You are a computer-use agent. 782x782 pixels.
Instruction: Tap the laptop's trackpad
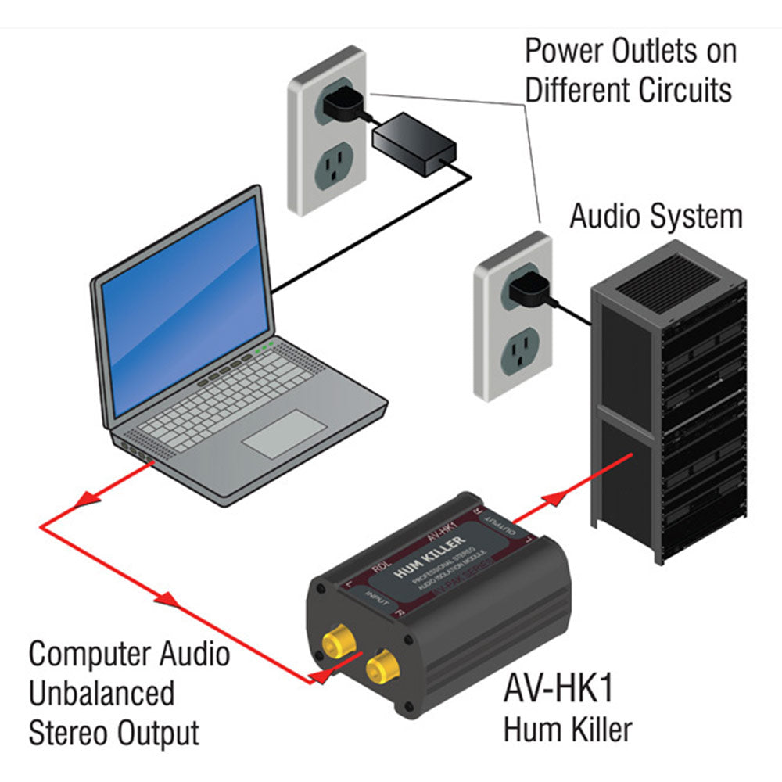[282, 434]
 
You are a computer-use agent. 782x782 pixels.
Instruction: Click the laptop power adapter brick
[414, 142]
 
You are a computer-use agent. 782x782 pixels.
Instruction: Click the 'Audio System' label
[655, 217]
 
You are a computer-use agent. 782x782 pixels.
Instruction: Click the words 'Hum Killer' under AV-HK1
[568, 730]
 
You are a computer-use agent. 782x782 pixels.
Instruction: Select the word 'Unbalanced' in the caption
[102, 693]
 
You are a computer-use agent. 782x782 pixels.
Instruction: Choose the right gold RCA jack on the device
[382, 668]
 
